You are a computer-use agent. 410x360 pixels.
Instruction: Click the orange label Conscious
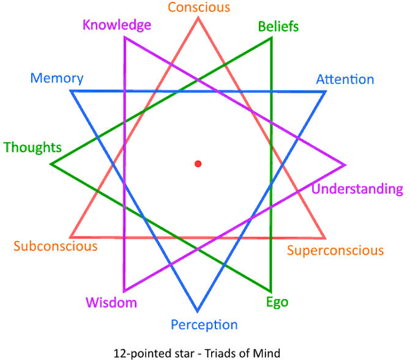pos(199,7)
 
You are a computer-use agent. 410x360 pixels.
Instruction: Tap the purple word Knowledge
pos(117,25)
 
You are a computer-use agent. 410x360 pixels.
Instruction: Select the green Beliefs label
pos(278,26)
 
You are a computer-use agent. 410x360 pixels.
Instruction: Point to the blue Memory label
pos(57,78)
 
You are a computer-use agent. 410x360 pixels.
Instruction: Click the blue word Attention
pos(345,79)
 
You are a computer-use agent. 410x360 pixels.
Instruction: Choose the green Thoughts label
pos(32,147)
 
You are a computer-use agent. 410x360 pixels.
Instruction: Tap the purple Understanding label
pos(357,189)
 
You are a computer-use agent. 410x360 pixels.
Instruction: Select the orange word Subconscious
pos(56,246)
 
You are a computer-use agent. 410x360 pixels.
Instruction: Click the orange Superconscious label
pos(335,251)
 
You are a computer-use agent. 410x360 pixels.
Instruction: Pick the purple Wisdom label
pos(111,303)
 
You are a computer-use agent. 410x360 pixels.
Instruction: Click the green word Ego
pos(277,302)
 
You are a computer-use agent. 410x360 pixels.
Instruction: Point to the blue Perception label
pos(204,325)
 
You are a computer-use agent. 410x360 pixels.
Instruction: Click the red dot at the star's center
pos(198,164)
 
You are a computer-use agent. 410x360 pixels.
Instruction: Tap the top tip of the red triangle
pos(198,18)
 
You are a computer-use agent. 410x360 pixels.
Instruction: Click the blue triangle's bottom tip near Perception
pos(197,310)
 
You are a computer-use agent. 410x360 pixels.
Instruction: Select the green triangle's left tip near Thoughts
pos(51,164)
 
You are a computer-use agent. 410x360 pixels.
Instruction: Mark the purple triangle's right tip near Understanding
pos(345,165)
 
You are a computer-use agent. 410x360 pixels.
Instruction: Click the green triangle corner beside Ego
pos(270,291)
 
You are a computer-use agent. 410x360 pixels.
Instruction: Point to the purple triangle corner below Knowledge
pos(125,38)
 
